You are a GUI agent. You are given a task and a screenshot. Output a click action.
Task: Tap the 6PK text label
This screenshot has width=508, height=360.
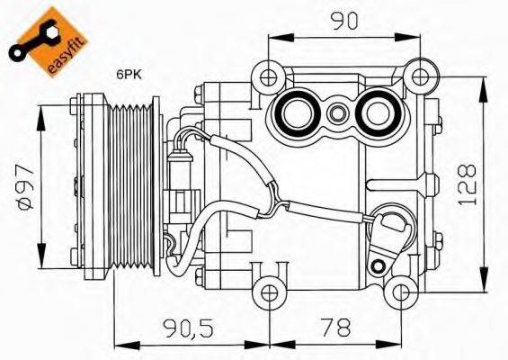(x=127, y=77)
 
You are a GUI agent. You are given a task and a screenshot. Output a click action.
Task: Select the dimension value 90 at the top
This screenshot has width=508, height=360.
(x=341, y=20)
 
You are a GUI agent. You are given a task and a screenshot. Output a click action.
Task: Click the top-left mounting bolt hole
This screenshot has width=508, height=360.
(x=267, y=71)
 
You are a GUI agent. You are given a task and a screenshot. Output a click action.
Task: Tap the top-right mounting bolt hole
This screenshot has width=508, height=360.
(x=414, y=71)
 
